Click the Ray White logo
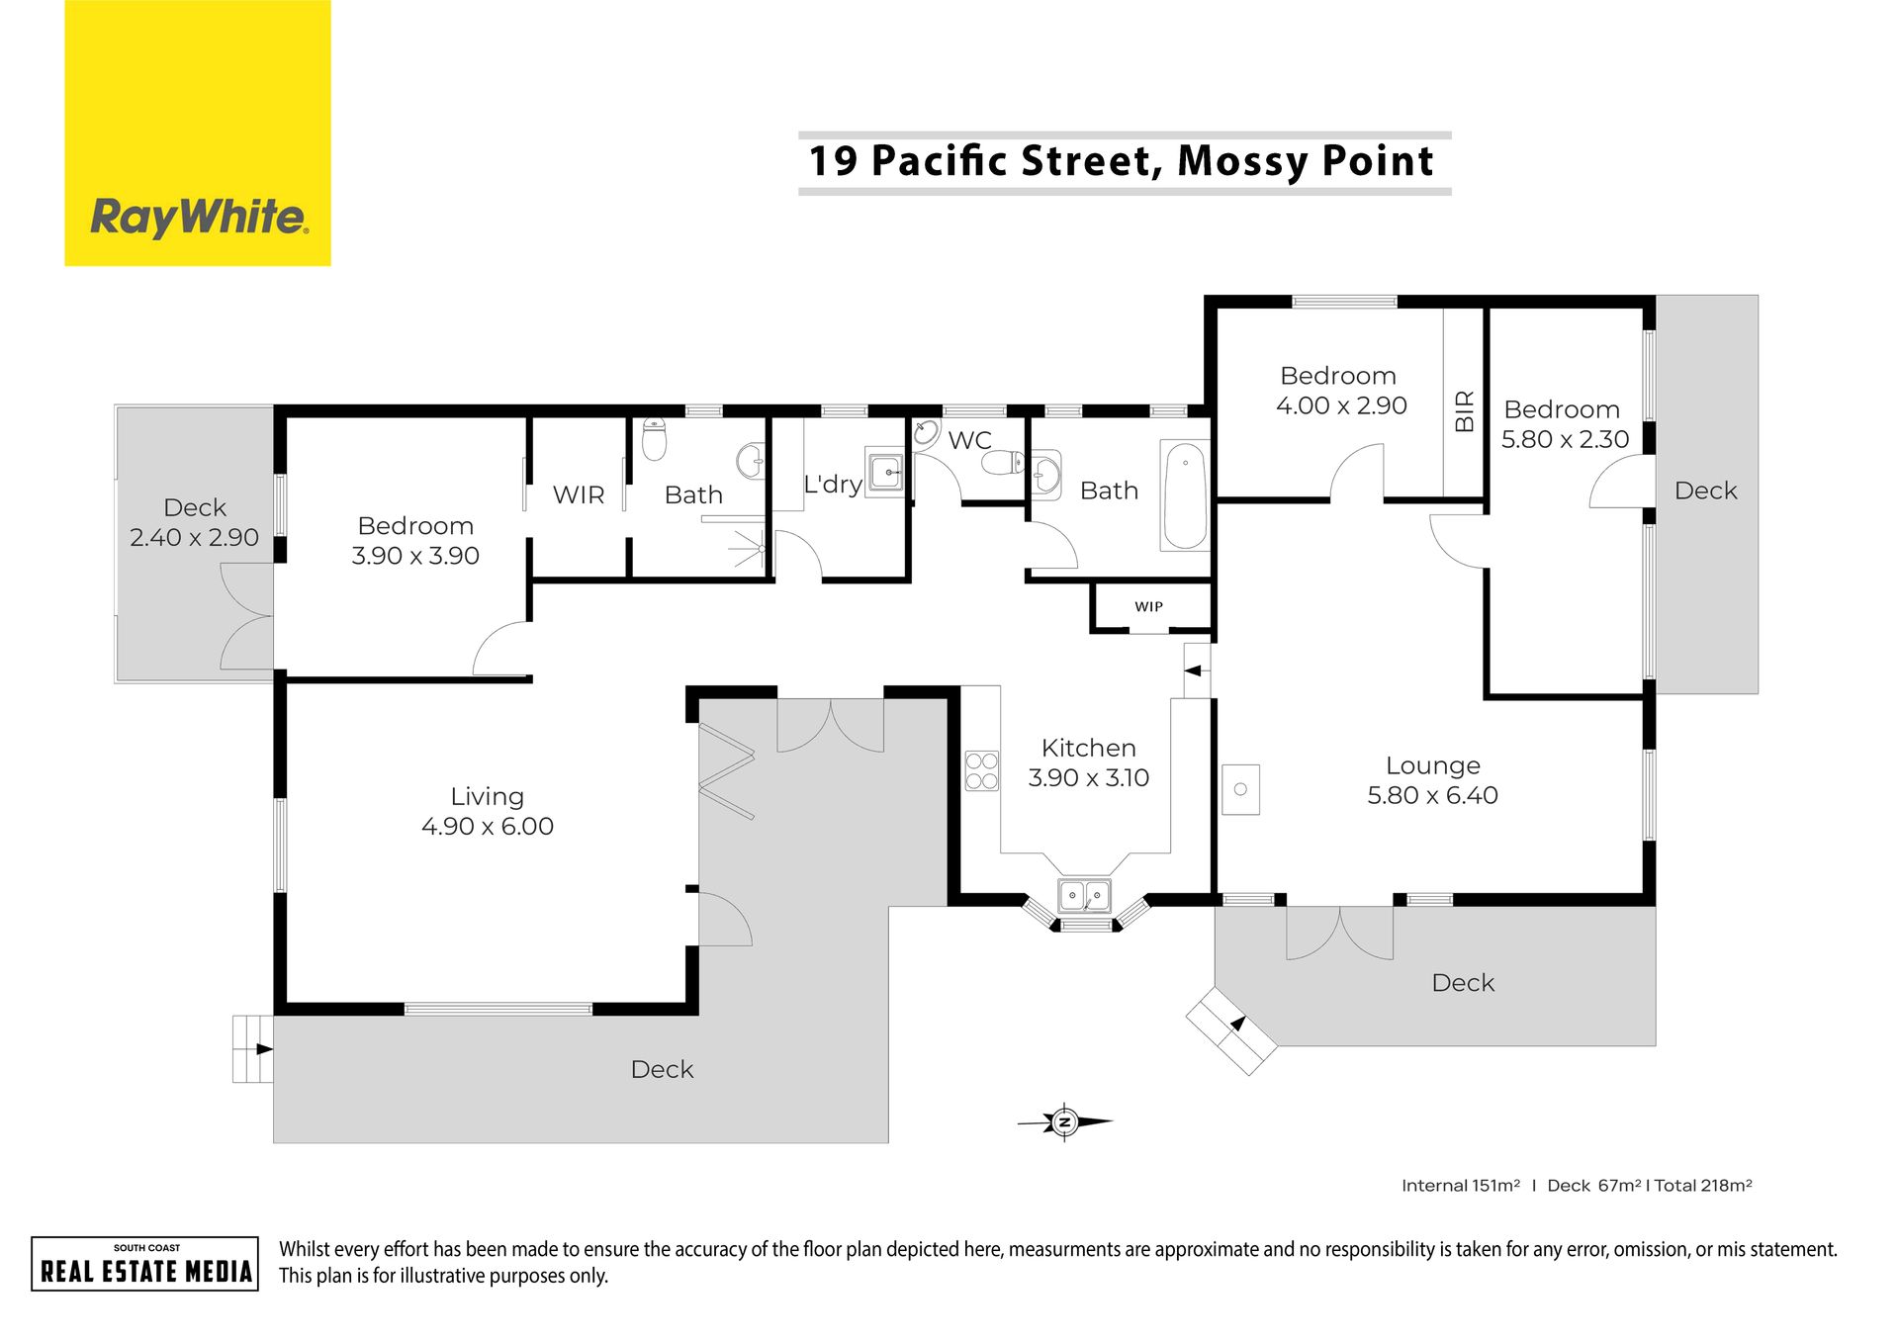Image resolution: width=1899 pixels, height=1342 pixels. click(x=198, y=133)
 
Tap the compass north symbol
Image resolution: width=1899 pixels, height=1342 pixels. click(x=1065, y=1121)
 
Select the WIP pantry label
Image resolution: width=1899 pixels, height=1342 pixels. click(x=1148, y=606)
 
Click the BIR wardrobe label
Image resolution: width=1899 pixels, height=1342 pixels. click(x=1465, y=410)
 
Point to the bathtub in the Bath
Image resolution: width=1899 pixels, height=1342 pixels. click(x=1185, y=495)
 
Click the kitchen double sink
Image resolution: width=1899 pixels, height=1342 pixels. click(x=1085, y=895)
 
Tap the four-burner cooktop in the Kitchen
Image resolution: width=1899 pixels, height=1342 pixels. click(x=982, y=771)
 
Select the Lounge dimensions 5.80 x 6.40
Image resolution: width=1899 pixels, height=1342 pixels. click(x=1432, y=795)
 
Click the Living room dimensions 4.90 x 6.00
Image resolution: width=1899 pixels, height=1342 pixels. click(x=488, y=826)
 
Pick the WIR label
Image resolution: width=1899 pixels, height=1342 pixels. click(x=579, y=494)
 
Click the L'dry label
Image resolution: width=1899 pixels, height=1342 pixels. click(x=833, y=485)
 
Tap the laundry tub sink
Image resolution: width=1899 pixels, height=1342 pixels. click(x=886, y=473)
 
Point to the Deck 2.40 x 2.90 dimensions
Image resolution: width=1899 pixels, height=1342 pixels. click(x=194, y=537)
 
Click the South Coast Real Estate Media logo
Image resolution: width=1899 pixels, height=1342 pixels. click(x=145, y=1264)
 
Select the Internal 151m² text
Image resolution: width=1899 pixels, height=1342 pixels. click(x=1461, y=1185)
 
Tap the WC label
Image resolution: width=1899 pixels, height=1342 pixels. click(x=969, y=440)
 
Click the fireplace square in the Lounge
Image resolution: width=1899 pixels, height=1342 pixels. click(x=1240, y=789)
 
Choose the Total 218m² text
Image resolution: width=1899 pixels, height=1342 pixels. click(x=1703, y=1185)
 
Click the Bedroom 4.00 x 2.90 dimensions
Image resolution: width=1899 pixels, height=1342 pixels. click(x=1341, y=405)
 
